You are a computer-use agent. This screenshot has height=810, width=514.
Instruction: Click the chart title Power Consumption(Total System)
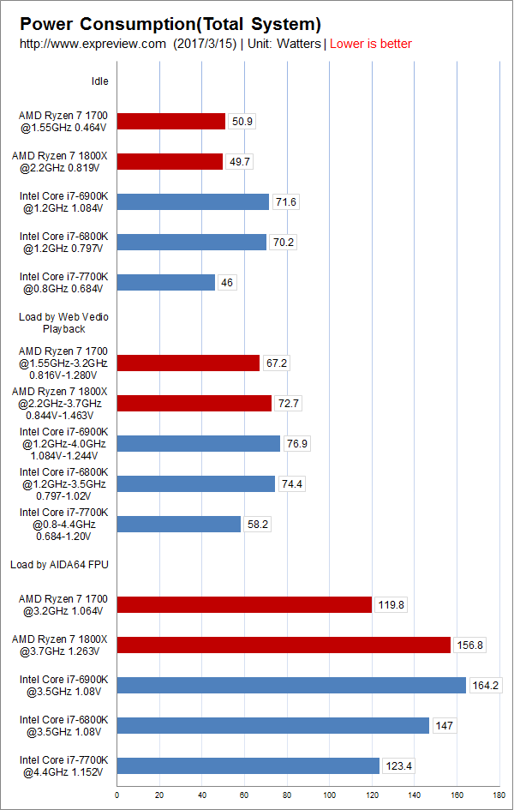170,24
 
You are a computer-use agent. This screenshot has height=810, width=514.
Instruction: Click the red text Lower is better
370,44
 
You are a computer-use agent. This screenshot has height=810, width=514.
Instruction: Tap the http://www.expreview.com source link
92,44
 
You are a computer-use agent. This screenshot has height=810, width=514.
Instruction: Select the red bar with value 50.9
170,121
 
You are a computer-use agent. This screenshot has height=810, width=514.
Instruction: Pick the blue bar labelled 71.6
193,201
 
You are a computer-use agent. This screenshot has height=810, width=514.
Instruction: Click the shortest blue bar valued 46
165,282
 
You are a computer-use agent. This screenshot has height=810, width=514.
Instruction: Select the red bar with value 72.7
194,403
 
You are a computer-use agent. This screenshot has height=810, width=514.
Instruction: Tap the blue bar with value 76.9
198,443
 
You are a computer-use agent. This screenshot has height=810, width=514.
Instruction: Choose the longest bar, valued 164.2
291,685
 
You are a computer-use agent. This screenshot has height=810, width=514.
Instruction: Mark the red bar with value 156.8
284,645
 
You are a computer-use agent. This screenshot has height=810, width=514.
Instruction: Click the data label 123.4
397,765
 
